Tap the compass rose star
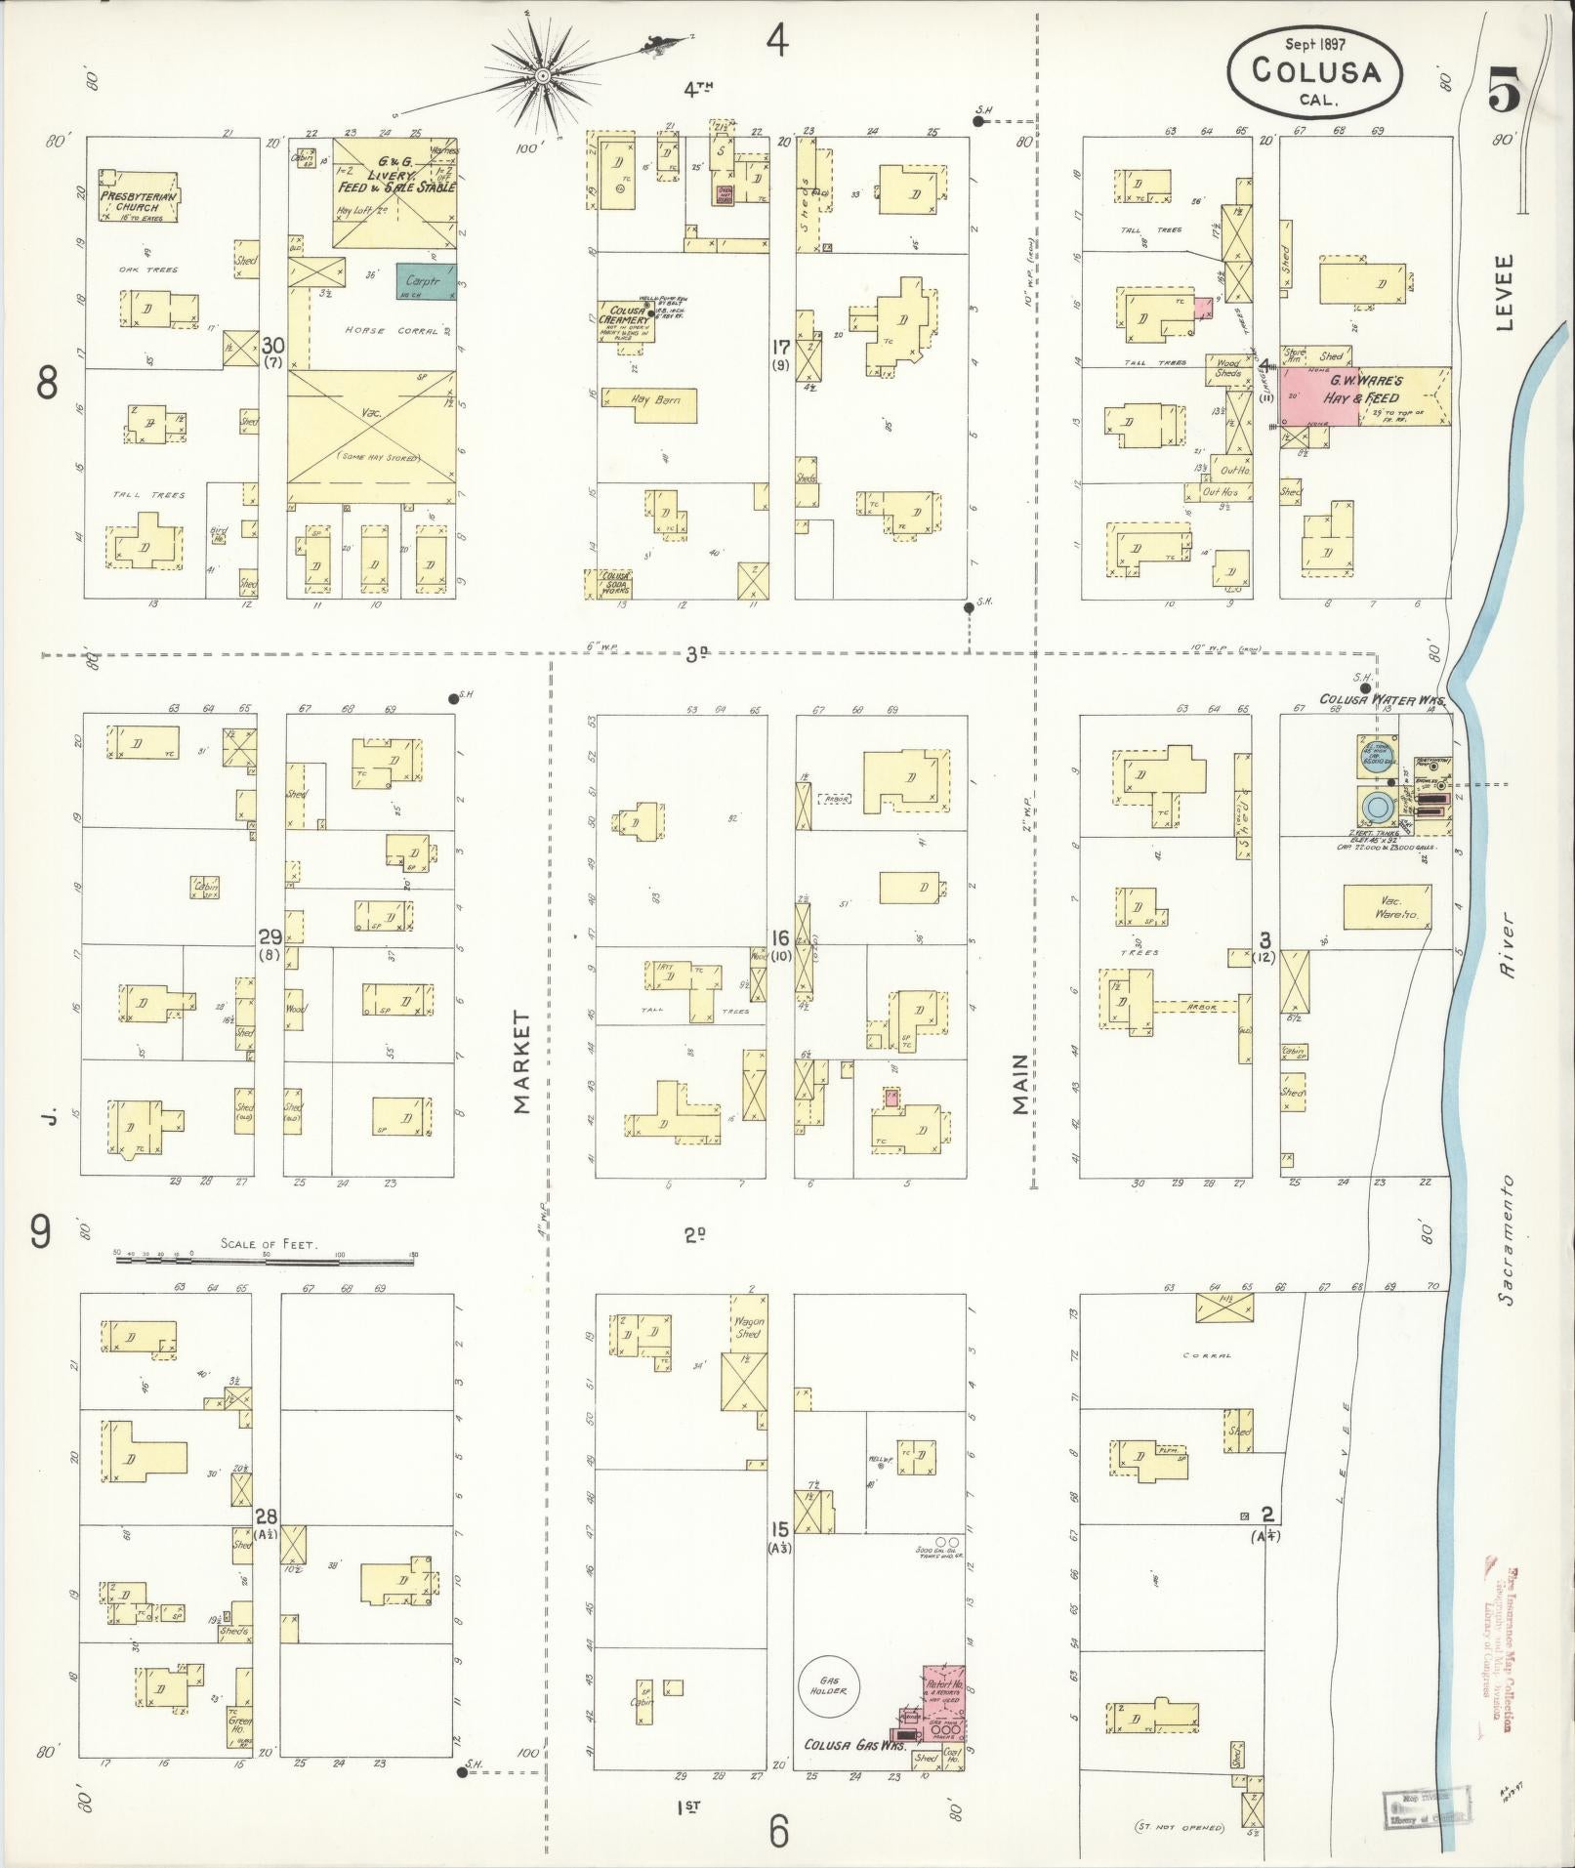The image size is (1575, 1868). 540,75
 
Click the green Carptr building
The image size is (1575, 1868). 425,281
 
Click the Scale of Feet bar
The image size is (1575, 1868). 266,1261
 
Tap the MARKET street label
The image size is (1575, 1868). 521,1062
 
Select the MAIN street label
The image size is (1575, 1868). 1020,1083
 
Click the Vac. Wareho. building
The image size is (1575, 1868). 1388,907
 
